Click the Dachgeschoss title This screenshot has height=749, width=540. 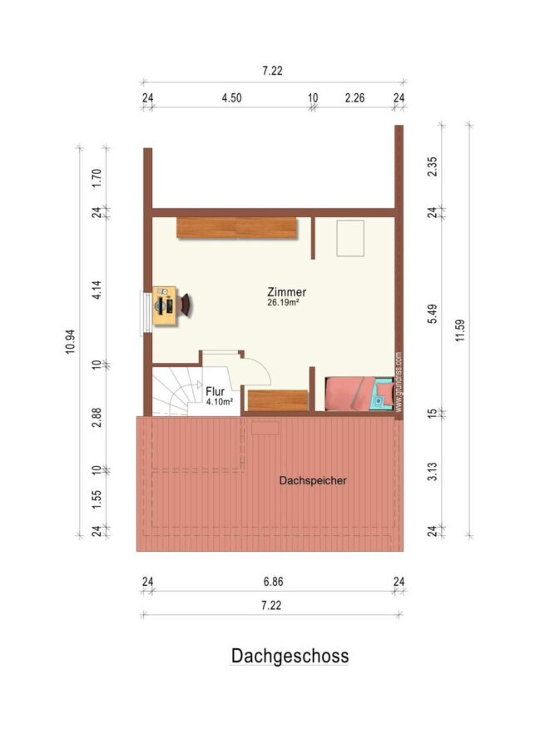[290, 656]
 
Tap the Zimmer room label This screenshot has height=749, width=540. [286, 292]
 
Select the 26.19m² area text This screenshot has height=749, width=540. [283, 302]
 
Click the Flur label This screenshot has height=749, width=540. [215, 392]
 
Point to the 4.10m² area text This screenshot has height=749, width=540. [220, 402]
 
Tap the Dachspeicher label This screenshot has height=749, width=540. [313, 480]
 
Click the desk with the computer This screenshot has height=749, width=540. [164, 305]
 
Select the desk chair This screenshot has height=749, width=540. [185, 305]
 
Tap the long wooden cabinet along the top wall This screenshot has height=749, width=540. [236, 228]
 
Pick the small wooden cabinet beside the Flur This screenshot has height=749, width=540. [278, 400]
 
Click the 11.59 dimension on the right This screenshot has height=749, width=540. [460, 330]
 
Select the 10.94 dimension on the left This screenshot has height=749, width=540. [70, 341]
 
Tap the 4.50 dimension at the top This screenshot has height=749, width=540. [231, 98]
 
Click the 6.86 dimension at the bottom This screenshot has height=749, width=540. [273, 582]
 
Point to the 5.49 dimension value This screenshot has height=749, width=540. [432, 314]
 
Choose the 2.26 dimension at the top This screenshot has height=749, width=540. [354, 98]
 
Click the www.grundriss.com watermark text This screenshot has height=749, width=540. [399, 382]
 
